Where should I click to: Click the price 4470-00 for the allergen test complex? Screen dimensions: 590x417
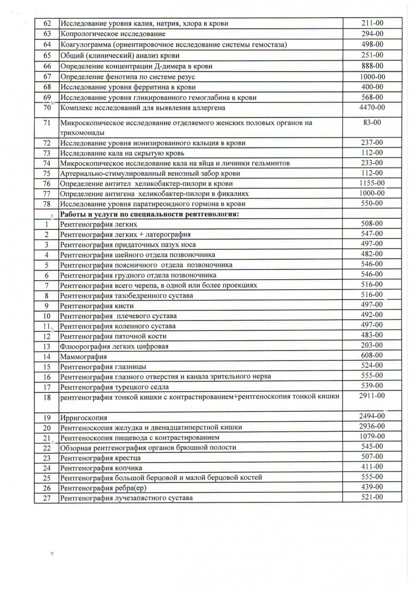coord(373,107)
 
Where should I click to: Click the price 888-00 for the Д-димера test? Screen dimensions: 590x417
coord(373,66)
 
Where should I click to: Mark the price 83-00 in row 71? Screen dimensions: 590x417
coord(373,122)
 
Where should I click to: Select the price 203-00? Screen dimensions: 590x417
coord(372,345)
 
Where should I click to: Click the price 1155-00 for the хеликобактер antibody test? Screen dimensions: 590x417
coord(372,182)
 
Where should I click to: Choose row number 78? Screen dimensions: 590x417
coord(47,204)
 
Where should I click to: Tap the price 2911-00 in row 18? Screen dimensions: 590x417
coord(372,395)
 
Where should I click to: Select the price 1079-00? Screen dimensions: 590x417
coord(372,436)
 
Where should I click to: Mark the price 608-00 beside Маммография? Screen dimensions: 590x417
coord(372,355)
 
